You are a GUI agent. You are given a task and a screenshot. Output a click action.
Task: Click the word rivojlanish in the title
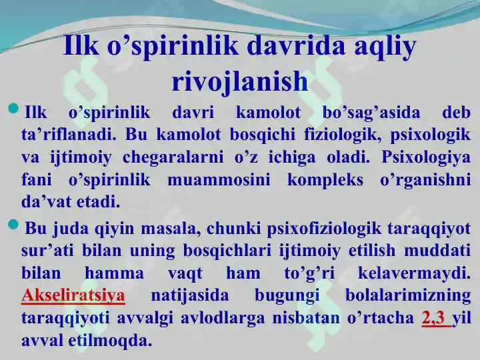point(240,81)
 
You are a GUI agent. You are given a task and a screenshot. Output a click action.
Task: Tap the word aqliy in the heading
point(385,46)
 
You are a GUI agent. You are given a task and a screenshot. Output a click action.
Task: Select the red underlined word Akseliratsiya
point(73,296)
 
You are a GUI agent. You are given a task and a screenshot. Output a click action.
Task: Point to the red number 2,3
point(433,318)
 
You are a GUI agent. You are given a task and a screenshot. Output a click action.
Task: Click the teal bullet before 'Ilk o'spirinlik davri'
point(13,109)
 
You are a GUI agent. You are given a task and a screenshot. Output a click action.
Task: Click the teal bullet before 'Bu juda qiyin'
point(13,225)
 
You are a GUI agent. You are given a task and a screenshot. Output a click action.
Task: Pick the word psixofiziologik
point(325,229)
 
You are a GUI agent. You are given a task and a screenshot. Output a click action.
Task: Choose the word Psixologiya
point(426,158)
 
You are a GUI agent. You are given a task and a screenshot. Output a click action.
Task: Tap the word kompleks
point(325,180)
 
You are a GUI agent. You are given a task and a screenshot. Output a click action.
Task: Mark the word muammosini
point(219,180)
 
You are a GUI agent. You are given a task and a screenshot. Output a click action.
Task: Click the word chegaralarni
point(173,158)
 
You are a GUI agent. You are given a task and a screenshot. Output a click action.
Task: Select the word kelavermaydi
point(414,273)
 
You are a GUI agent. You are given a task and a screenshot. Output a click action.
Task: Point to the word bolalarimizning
point(408,296)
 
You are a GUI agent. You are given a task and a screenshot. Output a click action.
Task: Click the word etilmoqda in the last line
point(110,341)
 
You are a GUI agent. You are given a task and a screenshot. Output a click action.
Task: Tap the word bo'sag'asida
point(371,113)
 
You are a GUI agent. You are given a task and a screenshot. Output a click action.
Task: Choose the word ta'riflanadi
point(69,135)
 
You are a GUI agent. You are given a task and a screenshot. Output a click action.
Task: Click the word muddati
point(437,251)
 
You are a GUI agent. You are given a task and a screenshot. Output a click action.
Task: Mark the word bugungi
point(287,296)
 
